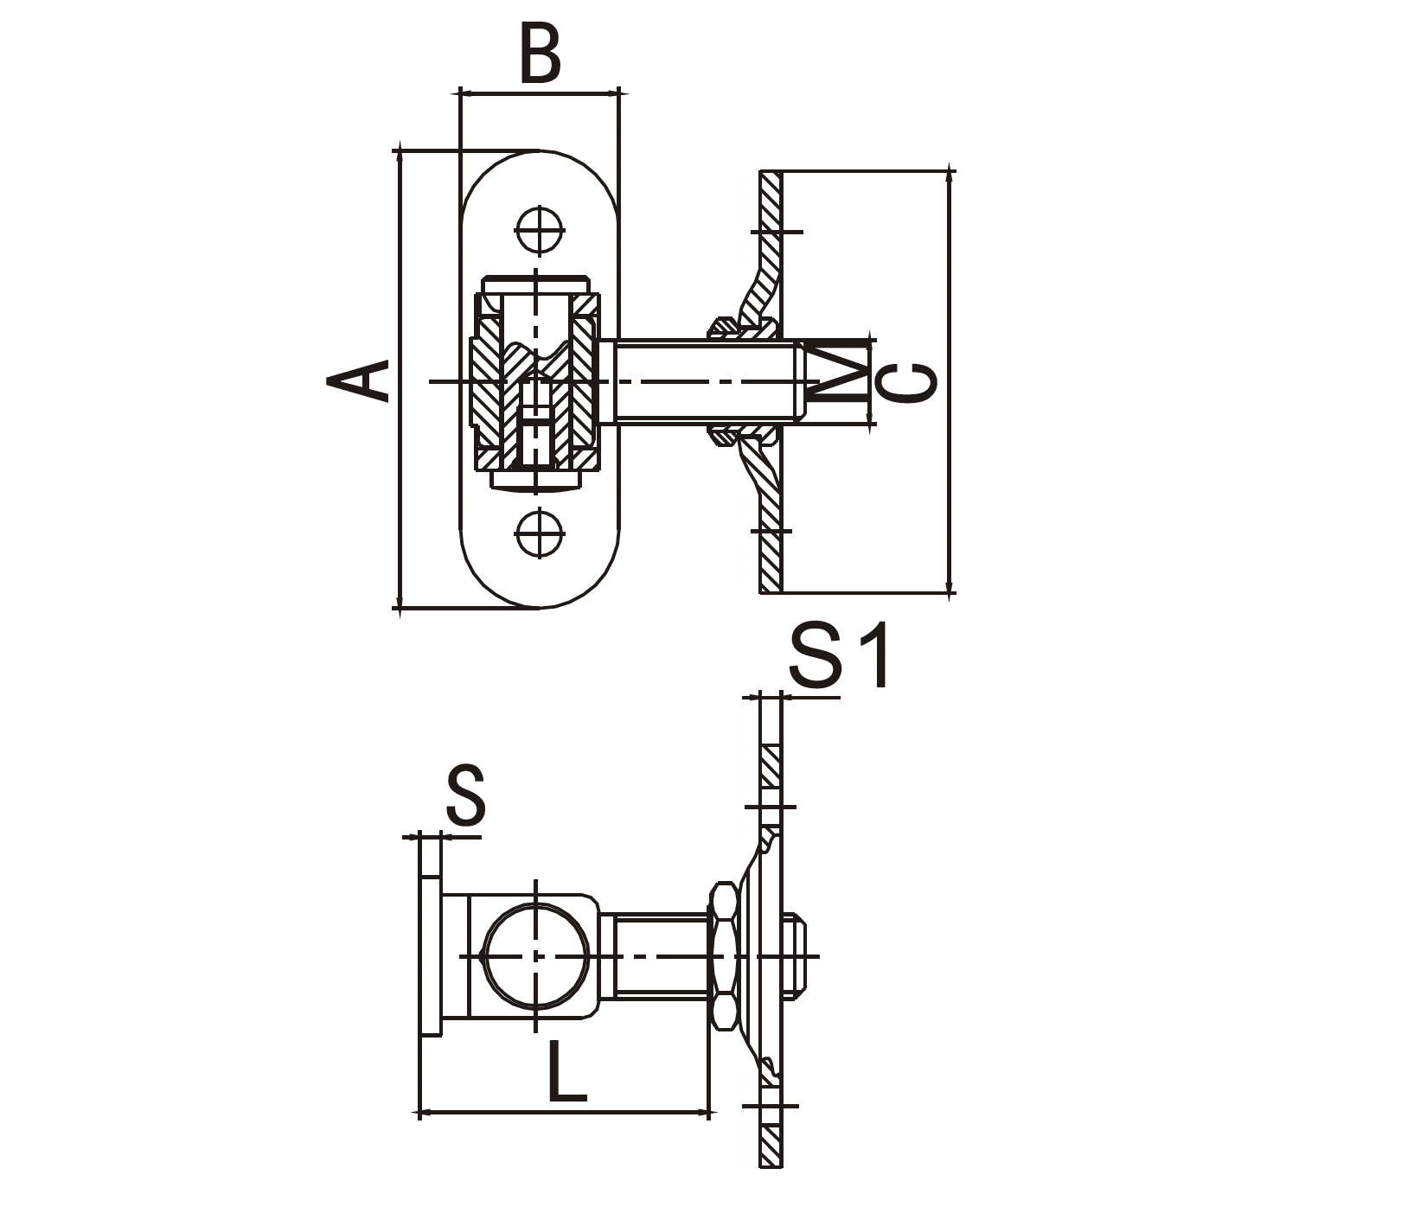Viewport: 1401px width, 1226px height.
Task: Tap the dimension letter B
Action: click(x=541, y=54)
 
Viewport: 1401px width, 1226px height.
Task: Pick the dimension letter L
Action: click(x=567, y=1072)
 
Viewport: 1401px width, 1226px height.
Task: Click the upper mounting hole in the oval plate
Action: click(x=540, y=231)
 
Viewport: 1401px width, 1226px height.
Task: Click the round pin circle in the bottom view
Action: click(x=537, y=955)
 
